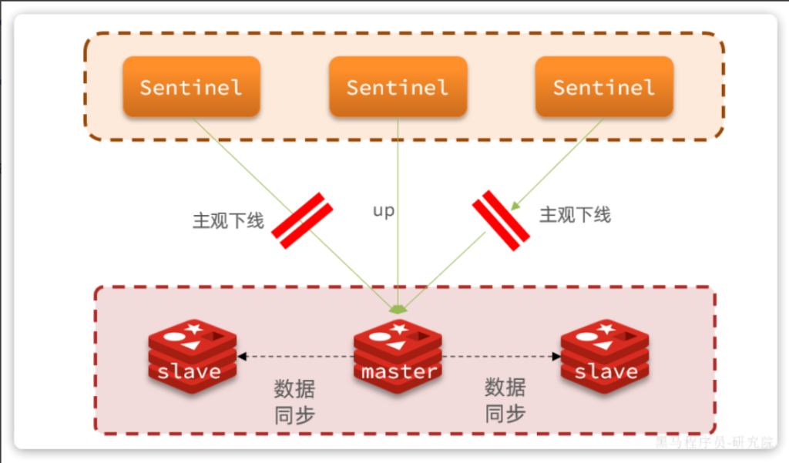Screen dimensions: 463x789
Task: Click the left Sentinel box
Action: click(x=191, y=86)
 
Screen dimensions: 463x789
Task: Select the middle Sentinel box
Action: click(x=398, y=86)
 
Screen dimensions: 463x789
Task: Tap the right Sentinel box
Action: click(x=604, y=86)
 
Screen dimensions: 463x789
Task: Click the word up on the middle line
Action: click(x=383, y=210)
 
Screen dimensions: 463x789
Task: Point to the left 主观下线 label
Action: click(x=228, y=221)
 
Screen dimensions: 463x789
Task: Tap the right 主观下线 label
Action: click(x=575, y=215)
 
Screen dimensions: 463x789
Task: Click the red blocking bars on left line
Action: click(x=302, y=220)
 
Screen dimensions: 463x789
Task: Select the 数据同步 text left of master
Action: click(x=294, y=401)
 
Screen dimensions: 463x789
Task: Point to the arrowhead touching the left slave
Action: click(x=241, y=357)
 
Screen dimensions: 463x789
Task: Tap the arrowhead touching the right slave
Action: click(x=556, y=357)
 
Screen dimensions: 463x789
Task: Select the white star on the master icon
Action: click(x=399, y=329)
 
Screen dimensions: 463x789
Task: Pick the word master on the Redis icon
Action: click(x=399, y=371)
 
